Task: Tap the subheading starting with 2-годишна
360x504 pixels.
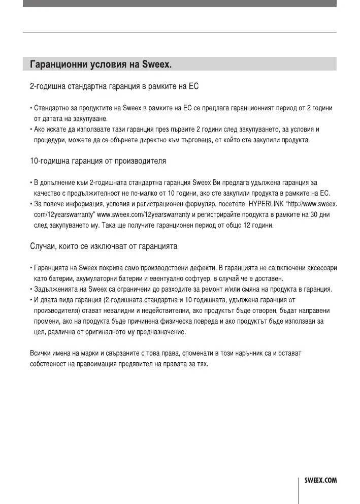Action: point(114,87)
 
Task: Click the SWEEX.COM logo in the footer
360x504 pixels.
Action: point(320,480)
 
